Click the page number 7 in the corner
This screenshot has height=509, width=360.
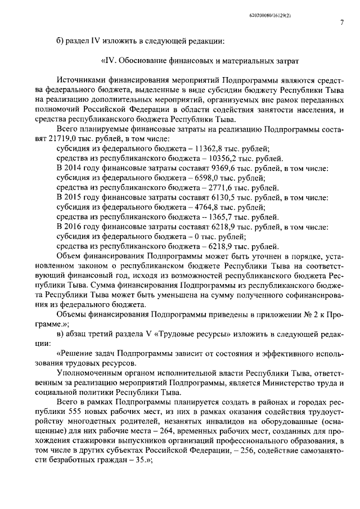click(342, 22)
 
